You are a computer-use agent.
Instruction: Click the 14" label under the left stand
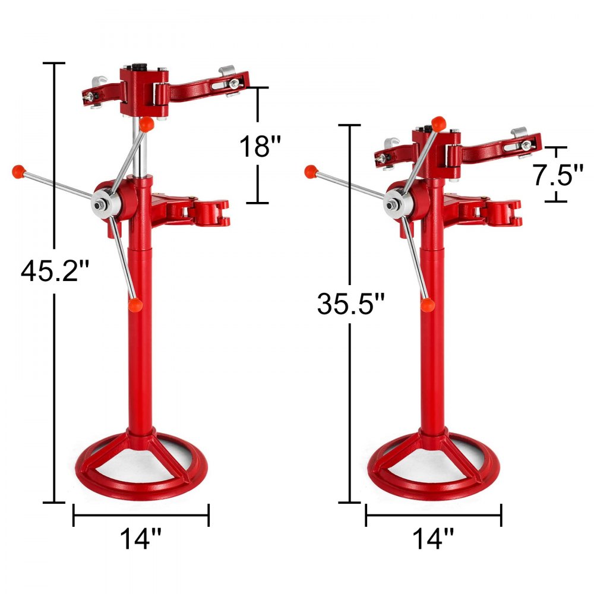pos(141,539)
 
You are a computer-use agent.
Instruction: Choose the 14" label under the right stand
pos(433,539)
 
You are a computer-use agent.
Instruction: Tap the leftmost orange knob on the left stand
pos(17,172)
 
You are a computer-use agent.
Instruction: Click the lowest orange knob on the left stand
pos(135,304)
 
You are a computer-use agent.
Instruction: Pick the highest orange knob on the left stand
pos(147,124)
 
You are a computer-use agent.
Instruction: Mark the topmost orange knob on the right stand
pos(438,123)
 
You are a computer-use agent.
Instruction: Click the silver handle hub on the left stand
pos(100,203)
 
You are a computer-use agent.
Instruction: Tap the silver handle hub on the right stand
pos(392,204)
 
